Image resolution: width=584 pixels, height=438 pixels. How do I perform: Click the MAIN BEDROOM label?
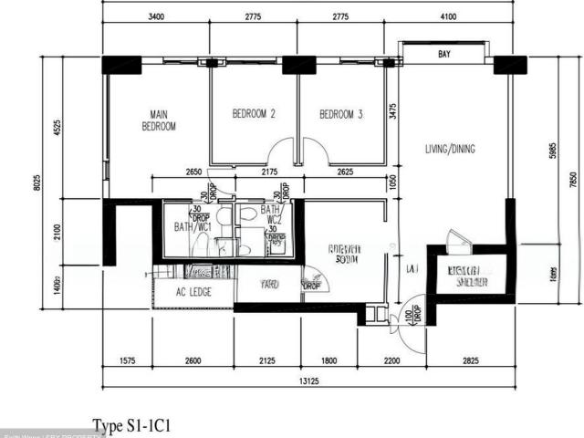pos(159,120)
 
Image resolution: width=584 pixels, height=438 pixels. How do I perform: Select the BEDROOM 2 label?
pos(254,114)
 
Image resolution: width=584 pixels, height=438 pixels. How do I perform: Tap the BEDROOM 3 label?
pos(341,114)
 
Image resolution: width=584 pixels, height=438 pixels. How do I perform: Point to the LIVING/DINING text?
pos(450,149)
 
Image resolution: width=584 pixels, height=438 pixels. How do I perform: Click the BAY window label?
pos(444,55)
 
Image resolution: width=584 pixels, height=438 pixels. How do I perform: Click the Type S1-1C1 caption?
pos(132,425)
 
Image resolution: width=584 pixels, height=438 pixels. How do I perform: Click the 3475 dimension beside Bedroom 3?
pos(392,112)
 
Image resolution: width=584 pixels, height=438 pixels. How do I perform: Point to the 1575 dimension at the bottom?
pos(127,361)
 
